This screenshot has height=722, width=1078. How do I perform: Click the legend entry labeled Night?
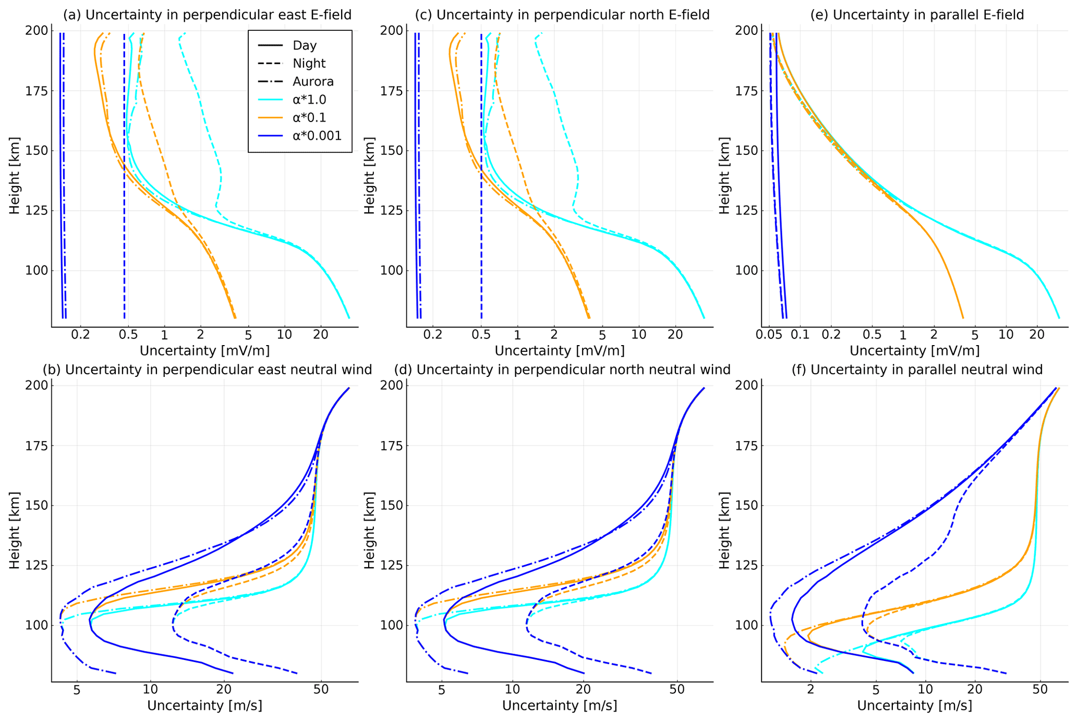[x=309, y=64]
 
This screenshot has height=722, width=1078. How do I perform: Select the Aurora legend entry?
[x=313, y=82]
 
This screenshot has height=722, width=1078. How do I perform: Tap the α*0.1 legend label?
[x=309, y=118]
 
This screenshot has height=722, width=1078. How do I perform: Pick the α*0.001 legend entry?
[x=317, y=136]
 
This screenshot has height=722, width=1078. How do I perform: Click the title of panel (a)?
[x=207, y=15]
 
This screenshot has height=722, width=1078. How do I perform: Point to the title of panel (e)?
[x=917, y=15]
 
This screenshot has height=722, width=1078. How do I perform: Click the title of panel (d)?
[x=562, y=370]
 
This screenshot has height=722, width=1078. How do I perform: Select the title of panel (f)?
[x=917, y=370]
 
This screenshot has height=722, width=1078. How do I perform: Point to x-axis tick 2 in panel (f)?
[x=810, y=689]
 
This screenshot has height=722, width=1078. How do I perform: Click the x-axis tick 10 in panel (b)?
[x=150, y=689]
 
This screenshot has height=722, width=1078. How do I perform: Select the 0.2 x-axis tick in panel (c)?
[x=432, y=334]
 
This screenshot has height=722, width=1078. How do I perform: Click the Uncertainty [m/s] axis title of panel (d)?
[x=560, y=706]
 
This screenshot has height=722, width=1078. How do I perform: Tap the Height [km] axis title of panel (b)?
[x=15, y=530]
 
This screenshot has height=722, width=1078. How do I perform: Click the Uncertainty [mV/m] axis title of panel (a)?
[x=204, y=350]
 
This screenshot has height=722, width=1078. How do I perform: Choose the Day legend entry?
[x=305, y=46]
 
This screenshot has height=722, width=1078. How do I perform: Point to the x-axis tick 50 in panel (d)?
[x=677, y=689]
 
